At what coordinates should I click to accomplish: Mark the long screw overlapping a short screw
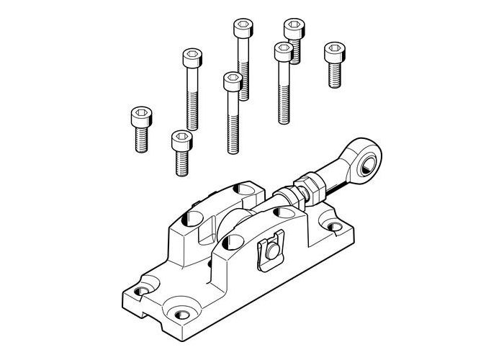point(282,83)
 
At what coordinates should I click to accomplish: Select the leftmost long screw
point(192,86)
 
